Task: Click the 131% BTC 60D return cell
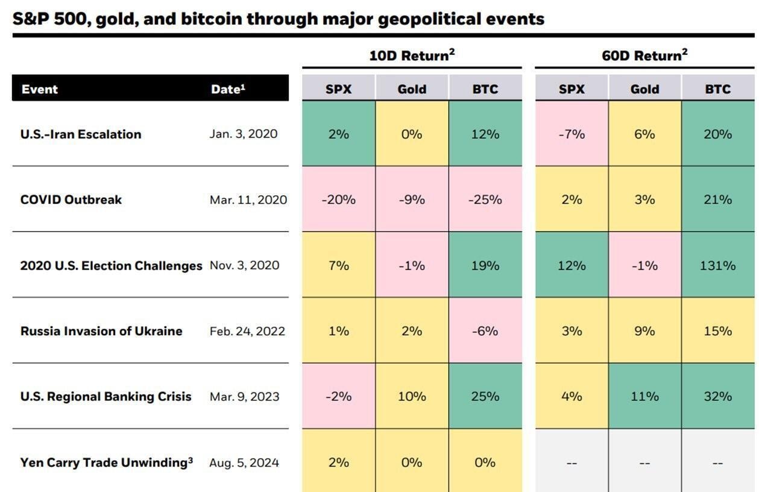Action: point(717,265)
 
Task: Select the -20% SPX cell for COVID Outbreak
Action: point(338,200)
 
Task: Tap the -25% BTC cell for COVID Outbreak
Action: point(485,200)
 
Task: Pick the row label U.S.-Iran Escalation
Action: point(81,134)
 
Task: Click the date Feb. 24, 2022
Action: point(247,331)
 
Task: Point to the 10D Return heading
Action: point(412,55)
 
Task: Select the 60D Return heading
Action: point(644,55)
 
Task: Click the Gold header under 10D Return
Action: point(412,89)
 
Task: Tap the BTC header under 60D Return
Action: point(717,89)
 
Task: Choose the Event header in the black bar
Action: point(40,89)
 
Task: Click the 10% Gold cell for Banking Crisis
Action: point(412,397)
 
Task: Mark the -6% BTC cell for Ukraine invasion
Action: point(485,331)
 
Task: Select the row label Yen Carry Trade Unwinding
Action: point(106,462)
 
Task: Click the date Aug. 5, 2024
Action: point(244,463)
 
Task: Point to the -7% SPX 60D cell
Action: point(572,134)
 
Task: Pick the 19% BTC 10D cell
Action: point(485,265)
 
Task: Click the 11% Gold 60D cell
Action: point(644,397)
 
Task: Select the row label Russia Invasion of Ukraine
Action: point(101,331)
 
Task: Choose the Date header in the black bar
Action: point(228,89)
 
